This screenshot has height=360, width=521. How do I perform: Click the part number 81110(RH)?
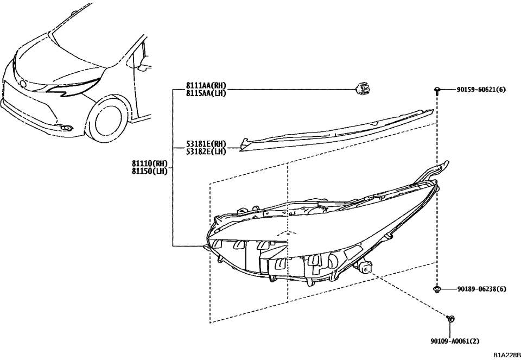pyautogui.click(x=152, y=163)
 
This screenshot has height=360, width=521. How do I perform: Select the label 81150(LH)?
pyautogui.click(x=152, y=170)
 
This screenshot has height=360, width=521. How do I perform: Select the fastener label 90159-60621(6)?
pyautogui.click(x=481, y=90)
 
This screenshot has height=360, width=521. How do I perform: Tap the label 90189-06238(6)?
pyautogui.click(x=481, y=289)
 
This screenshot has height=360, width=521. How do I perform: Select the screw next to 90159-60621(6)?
pyautogui.click(x=436, y=91)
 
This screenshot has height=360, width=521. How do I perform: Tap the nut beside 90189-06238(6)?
pyautogui.click(x=436, y=289)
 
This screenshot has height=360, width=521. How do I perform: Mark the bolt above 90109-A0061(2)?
pyautogui.click(x=450, y=318)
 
